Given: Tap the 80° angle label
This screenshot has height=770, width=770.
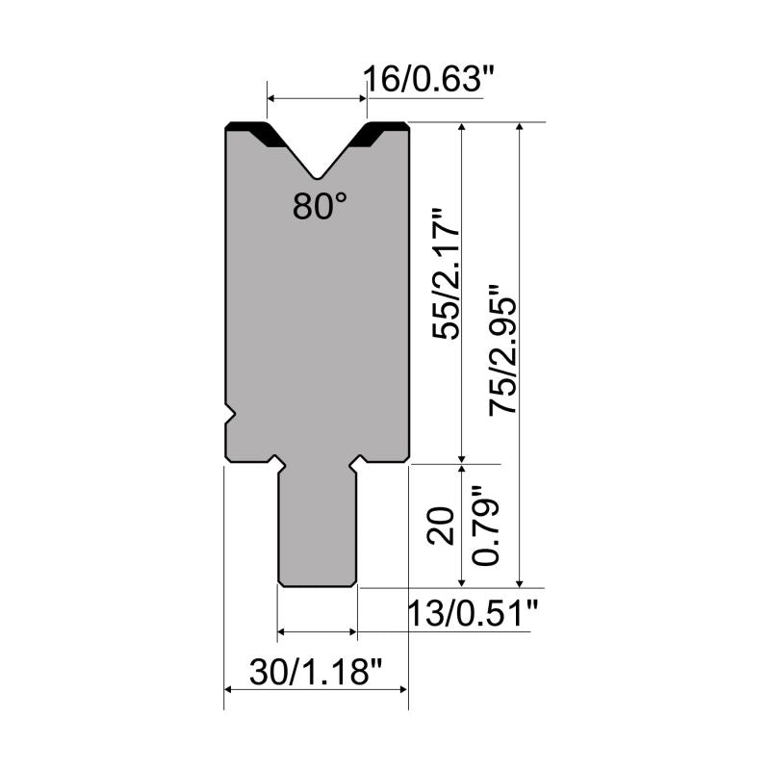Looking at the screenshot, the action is click(x=320, y=206).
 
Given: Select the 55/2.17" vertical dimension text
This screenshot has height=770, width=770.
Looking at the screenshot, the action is click(x=446, y=274).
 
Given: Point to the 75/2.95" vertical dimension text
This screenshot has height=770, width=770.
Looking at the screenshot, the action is click(x=502, y=350).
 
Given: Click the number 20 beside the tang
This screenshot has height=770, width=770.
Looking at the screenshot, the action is click(x=441, y=525).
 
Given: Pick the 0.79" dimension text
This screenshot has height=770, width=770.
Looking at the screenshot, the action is click(x=485, y=525).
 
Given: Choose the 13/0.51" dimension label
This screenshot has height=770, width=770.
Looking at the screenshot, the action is click(x=473, y=613).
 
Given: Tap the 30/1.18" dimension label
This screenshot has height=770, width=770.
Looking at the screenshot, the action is click(x=316, y=672).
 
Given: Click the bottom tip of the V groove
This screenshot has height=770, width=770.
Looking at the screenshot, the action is click(x=318, y=178).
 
